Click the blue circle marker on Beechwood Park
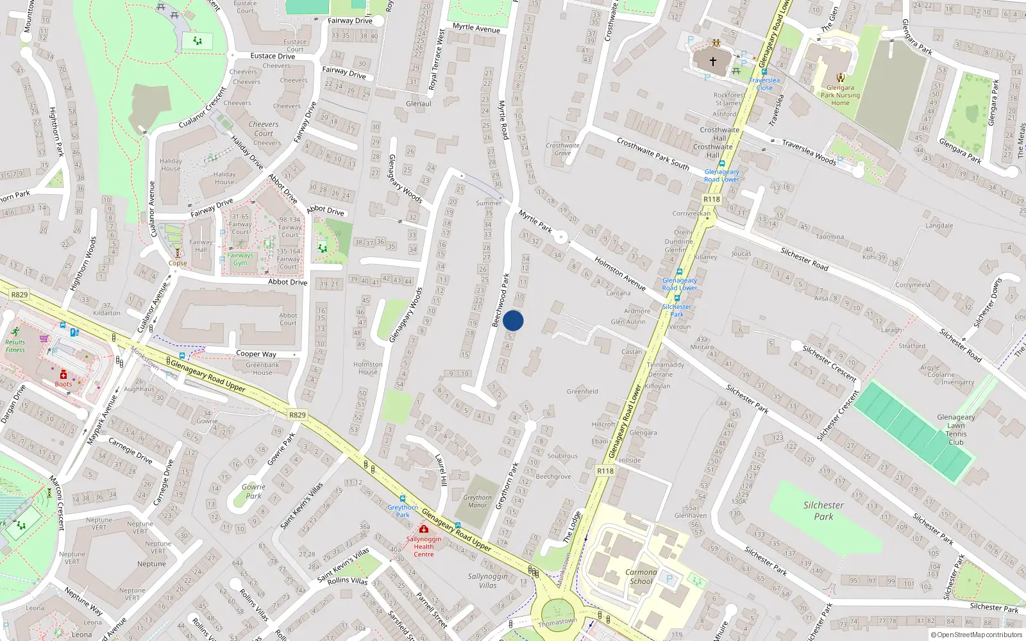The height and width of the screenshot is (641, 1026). pos(513,320)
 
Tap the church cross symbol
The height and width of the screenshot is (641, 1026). pos(712,62)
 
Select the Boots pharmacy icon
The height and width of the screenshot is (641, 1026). pos(63,375)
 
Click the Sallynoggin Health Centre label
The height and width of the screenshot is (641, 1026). pos(423,546)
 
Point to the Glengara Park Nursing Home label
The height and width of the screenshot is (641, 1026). pos(840,95)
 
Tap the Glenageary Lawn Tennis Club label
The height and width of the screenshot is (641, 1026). pos(955,429)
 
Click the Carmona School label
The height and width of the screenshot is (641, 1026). pos(641,577)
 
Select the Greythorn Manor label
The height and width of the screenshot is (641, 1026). pos(477,501)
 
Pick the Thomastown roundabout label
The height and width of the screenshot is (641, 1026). pos(557,622)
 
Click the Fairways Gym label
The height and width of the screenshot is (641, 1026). pos(240,259)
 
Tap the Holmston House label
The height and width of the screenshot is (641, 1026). pos(367,368)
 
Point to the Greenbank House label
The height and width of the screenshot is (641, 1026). pos(262,369)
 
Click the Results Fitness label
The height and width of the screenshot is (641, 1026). pos(15,346)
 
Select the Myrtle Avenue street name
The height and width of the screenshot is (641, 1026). pos(476,28)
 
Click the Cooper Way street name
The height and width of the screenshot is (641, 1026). pos(256,354)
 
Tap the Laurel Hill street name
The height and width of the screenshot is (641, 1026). pos(441,470)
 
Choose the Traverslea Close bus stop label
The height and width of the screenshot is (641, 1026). pos(764,84)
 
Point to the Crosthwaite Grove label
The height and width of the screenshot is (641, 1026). pos(562,149)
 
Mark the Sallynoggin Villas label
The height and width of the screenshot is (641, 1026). pos(487,581)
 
